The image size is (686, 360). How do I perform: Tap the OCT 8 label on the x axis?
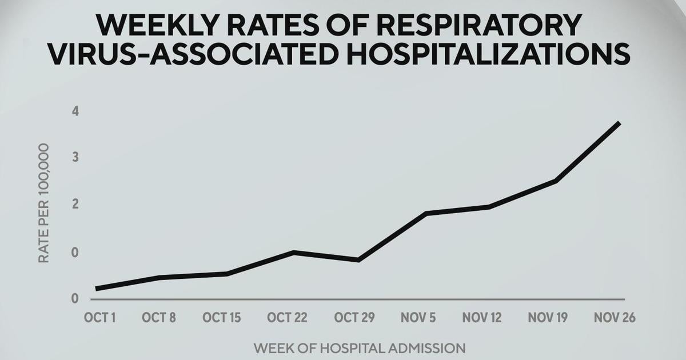pyautogui.click(x=159, y=318)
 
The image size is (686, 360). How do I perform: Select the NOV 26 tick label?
pyautogui.click(x=615, y=318)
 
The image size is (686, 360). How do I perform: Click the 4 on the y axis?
pyautogui.click(x=75, y=111)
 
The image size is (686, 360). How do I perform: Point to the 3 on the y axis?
pyautogui.click(x=75, y=158)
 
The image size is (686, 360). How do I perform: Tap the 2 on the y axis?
pyautogui.click(x=75, y=205)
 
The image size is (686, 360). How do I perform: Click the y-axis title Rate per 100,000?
pyautogui.click(x=43, y=203)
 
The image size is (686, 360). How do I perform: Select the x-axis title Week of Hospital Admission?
pyautogui.click(x=360, y=347)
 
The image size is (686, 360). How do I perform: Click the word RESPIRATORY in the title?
pyautogui.click(x=471, y=25)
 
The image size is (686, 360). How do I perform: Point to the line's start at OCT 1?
pyautogui.click(x=97, y=289)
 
